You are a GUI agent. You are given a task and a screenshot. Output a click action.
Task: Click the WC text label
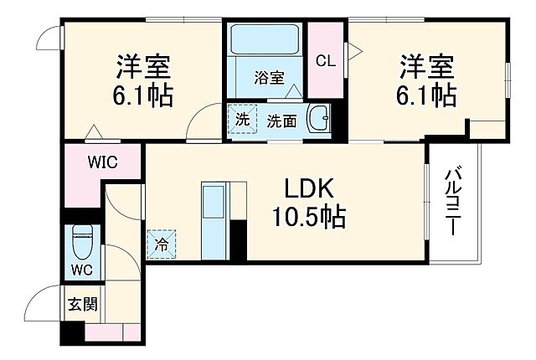[x=81, y=270]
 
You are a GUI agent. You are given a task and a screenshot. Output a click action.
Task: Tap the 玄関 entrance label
[x=82, y=303]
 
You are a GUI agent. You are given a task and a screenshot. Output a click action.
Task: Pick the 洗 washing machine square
[x=242, y=119]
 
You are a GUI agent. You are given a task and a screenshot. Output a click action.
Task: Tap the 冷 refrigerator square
[x=161, y=245]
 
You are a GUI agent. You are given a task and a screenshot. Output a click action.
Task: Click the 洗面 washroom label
[x=281, y=121]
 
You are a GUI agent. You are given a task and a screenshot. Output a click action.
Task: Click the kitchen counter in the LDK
[x=214, y=220]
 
